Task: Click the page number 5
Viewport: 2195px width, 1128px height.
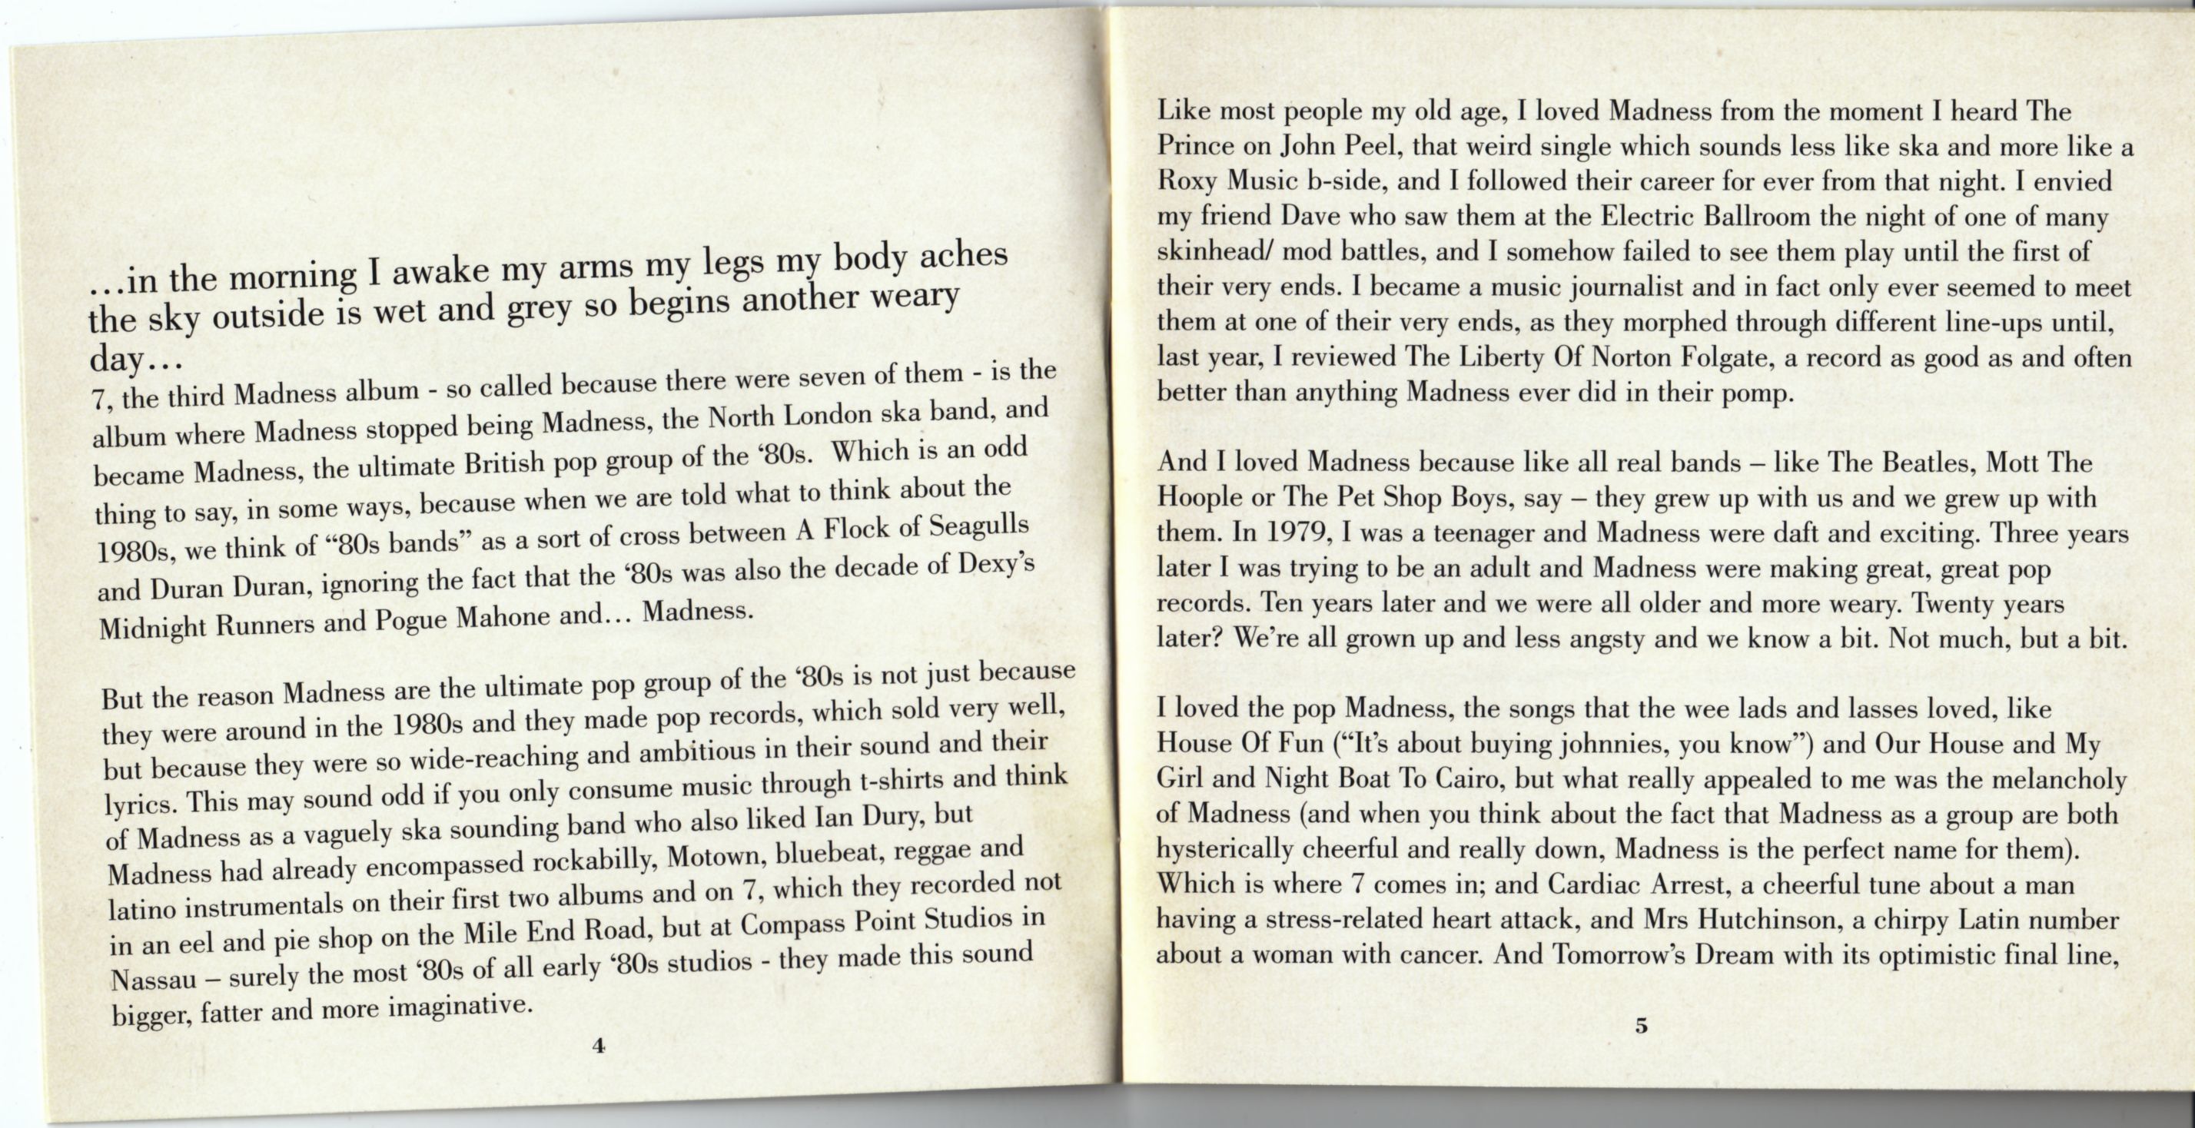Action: pos(1641,1026)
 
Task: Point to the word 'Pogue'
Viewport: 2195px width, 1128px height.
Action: pos(415,619)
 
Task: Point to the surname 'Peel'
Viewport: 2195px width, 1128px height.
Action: pos(1372,147)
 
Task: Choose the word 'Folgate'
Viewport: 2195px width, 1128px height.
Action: pos(1725,357)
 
